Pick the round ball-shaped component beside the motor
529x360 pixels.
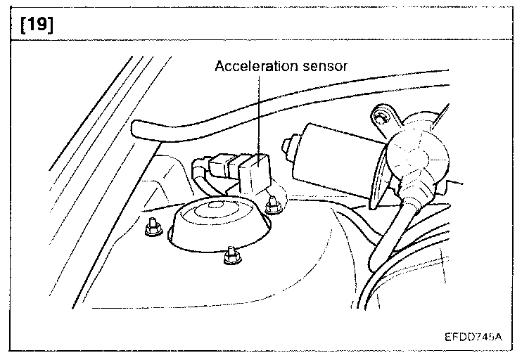pos(414,158)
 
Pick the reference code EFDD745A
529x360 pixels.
pos(473,336)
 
